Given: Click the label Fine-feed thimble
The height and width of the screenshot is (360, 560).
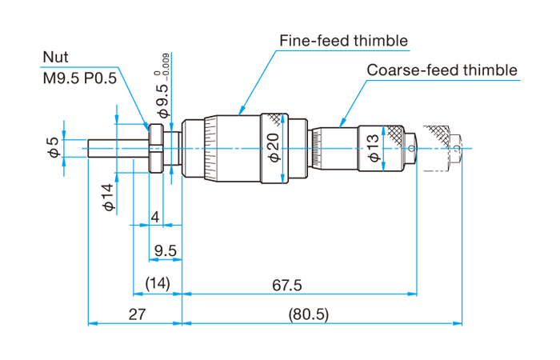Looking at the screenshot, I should click(x=343, y=40).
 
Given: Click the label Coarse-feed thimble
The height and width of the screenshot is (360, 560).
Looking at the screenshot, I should click(x=442, y=70).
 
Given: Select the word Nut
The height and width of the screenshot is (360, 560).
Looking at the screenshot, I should click(x=56, y=58).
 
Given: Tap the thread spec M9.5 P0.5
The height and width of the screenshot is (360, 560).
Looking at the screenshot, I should click(x=79, y=78).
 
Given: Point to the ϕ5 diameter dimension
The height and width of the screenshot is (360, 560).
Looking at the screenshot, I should click(x=53, y=146).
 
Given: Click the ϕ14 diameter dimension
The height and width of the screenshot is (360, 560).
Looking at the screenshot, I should click(x=110, y=196).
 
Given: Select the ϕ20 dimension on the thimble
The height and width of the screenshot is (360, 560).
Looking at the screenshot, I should click(x=272, y=148).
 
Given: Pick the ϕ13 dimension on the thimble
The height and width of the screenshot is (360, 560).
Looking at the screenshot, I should click(x=374, y=148).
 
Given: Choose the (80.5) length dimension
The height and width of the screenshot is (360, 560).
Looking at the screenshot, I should click(x=308, y=314).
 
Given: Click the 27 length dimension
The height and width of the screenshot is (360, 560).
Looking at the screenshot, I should click(x=136, y=314).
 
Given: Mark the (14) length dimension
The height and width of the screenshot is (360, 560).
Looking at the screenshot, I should click(x=157, y=286).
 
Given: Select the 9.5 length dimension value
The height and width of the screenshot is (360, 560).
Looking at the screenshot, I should click(x=166, y=251).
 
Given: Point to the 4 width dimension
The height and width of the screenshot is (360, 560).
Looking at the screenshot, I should click(x=155, y=218).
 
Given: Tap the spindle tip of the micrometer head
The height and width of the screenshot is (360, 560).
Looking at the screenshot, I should click(x=90, y=149).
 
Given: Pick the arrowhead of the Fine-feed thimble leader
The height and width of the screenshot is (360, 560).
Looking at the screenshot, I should click(x=241, y=110).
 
